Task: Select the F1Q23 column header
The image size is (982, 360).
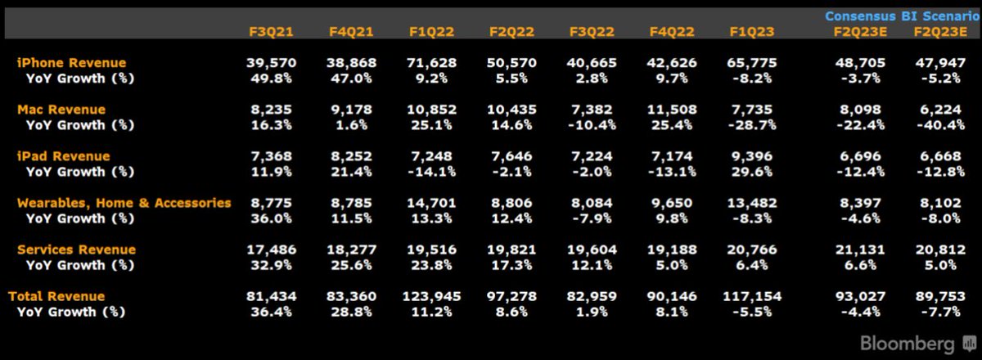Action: coord(752,32)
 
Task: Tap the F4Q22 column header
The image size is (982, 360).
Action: coord(672,32)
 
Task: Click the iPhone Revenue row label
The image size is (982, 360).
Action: coord(72,63)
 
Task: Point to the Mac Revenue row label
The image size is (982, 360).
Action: coord(61,110)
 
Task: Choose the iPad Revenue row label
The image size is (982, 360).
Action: coord(63,156)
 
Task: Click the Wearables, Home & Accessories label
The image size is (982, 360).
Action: coord(124,203)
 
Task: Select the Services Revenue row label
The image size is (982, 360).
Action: coord(76,250)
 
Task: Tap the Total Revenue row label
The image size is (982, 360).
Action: coord(56,296)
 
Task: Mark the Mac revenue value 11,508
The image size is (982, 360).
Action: coord(672,110)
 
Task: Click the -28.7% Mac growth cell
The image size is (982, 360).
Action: coord(752,125)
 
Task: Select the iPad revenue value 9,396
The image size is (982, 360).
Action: coord(752,156)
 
